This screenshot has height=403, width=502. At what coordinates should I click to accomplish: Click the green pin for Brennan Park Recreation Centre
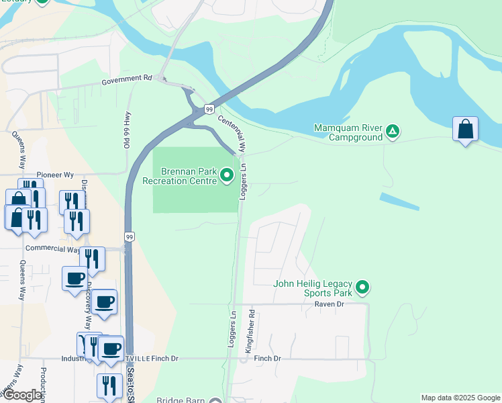click(x=227, y=176)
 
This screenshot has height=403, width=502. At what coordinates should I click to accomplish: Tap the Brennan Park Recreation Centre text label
click(x=179, y=176)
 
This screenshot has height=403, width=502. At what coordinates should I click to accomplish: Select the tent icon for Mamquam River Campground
click(x=394, y=132)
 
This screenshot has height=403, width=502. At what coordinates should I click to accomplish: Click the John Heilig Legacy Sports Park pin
click(x=362, y=288)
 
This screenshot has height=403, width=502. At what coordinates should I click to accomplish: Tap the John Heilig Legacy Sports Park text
click(x=313, y=288)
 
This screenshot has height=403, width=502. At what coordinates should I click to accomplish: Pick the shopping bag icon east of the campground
click(x=465, y=129)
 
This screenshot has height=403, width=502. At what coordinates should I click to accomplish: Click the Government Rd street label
click(x=127, y=79)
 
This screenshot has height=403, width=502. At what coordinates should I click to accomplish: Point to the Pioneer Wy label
click(x=55, y=175)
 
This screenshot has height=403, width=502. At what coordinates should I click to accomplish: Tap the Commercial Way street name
click(x=52, y=249)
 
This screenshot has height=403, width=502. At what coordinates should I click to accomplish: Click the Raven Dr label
click(x=329, y=304)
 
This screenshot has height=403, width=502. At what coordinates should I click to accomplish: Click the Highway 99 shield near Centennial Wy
click(x=209, y=109)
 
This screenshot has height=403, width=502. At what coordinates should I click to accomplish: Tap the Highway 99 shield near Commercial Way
click(x=130, y=237)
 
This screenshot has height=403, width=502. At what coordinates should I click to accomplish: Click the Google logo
click(x=22, y=395)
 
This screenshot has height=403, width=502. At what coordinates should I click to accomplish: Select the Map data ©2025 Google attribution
click(x=460, y=398)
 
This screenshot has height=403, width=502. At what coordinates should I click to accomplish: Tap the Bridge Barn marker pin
click(x=215, y=401)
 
